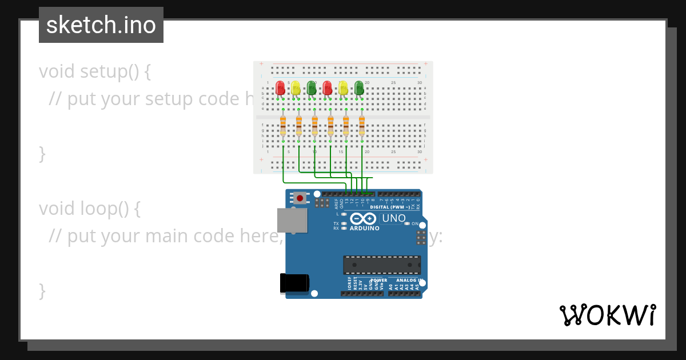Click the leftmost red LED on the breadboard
[x=280, y=88]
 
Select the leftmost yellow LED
[x=296, y=88]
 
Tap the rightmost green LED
[x=359, y=88]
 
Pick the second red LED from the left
[x=327, y=88]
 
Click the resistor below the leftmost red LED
[x=283, y=126]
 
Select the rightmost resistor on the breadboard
[x=361, y=126]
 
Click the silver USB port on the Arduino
[x=292, y=220]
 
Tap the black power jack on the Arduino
[x=294, y=283]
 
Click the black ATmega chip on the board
[x=381, y=265]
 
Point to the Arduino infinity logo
[x=363, y=219]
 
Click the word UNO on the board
[x=393, y=218]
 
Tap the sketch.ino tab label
[x=101, y=25]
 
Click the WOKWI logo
[x=607, y=315]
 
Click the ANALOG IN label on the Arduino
[x=407, y=280]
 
